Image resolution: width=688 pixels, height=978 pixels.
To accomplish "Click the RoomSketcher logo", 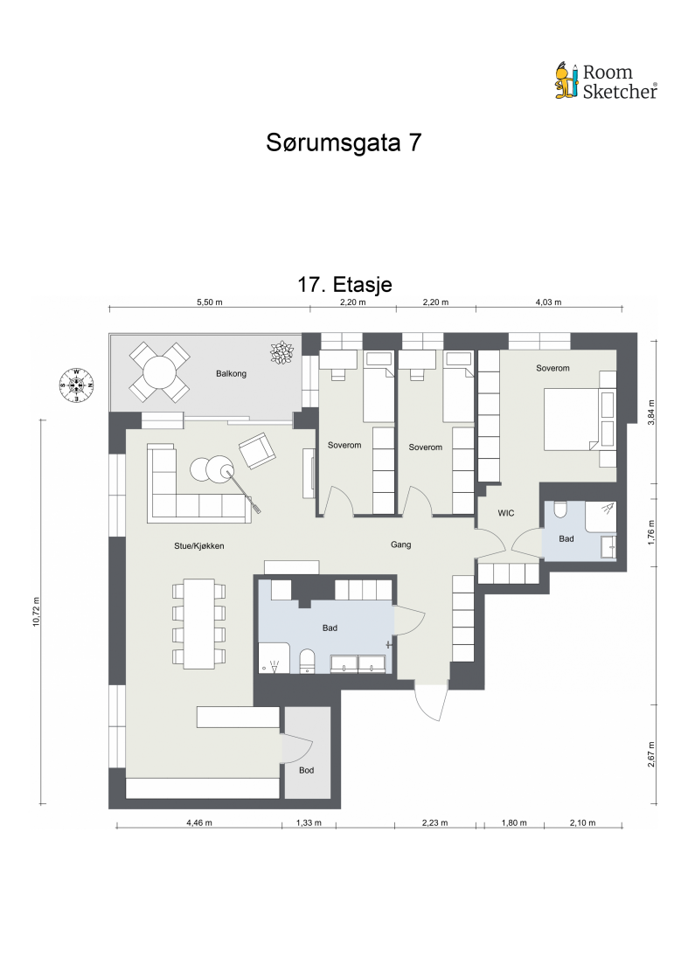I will (x=606, y=80).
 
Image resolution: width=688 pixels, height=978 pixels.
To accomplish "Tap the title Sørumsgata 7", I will (x=344, y=143).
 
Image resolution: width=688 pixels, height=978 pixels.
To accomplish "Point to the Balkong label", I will (x=232, y=374).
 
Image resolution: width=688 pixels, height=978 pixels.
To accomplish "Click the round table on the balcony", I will (x=160, y=372).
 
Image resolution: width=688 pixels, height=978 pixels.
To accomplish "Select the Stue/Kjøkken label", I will (x=199, y=545).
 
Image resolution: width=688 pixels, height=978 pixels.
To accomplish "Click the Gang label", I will (x=400, y=544).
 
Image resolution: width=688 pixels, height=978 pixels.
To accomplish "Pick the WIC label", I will (x=506, y=513).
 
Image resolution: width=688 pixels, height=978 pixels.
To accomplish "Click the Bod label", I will (x=306, y=770).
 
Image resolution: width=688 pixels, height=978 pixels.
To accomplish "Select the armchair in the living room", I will (x=256, y=450).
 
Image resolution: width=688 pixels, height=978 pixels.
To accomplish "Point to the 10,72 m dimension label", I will (x=36, y=612).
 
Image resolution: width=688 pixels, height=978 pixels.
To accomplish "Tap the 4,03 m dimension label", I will (x=547, y=302).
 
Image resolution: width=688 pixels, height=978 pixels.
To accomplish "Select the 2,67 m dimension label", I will (x=650, y=753).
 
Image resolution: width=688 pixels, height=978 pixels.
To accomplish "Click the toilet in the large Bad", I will (x=307, y=662).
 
